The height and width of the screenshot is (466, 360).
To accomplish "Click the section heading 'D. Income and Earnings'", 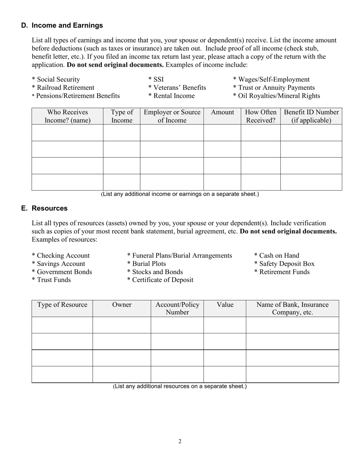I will (x=62, y=25).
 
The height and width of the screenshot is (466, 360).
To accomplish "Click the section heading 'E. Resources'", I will (x=45, y=208).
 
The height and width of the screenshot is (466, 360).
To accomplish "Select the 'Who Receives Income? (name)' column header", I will (x=67, y=116).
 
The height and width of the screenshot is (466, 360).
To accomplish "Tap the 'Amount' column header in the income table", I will (x=222, y=113).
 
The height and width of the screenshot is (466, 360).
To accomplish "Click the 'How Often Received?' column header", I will (x=261, y=116).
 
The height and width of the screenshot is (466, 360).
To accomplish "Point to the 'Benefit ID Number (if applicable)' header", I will (x=311, y=116).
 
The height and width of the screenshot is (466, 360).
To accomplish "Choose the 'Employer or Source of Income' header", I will (x=172, y=116).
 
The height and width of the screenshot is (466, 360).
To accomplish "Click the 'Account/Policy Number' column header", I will (x=177, y=308).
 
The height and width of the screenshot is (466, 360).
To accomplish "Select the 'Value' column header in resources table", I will (x=225, y=305).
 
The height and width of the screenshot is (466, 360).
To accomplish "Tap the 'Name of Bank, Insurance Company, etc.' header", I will (x=293, y=308).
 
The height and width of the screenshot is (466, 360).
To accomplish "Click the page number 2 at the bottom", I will (x=180, y=441).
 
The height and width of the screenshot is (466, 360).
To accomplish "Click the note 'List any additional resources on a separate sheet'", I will (x=180, y=386).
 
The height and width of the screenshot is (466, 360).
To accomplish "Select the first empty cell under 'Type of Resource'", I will (x=62, y=325).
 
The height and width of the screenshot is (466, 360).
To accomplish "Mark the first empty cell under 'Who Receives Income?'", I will (x=67, y=133).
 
